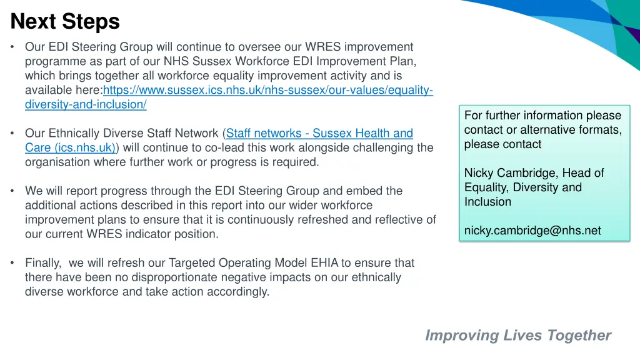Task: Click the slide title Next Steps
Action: [x=65, y=22]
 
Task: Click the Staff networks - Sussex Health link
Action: [x=319, y=133]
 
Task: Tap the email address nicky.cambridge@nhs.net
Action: [x=532, y=231]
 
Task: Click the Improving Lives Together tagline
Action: [x=518, y=336]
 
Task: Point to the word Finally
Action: [x=42, y=263]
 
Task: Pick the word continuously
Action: [x=263, y=220]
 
